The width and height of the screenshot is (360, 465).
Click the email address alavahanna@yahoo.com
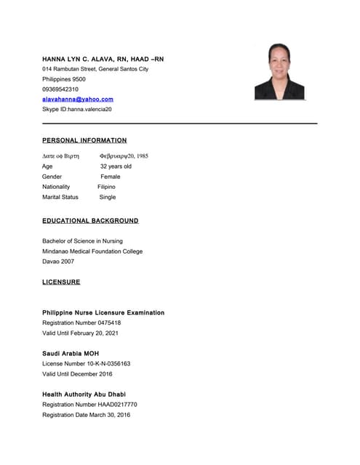click(78, 99)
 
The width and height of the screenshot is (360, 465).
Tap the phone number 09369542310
click(60, 89)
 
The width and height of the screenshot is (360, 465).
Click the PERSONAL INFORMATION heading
click(84, 140)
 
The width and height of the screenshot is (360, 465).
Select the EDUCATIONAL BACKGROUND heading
click(90, 220)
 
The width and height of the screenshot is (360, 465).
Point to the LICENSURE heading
click(61, 282)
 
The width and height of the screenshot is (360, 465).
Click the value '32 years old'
click(116, 166)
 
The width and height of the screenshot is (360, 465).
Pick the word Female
click(111, 177)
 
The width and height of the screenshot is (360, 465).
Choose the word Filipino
click(106, 187)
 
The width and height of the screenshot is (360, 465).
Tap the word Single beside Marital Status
click(107, 197)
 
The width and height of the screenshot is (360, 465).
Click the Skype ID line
click(77, 109)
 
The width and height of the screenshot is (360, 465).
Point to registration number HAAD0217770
click(115, 404)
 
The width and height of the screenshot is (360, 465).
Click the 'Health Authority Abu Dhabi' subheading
click(84, 394)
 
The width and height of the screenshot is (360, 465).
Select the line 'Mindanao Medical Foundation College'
click(92, 251)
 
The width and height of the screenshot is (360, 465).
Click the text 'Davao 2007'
click(58, 262)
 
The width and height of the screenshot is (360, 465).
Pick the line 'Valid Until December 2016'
click(77, 373)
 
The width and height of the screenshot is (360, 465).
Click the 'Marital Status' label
click(60, 197)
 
